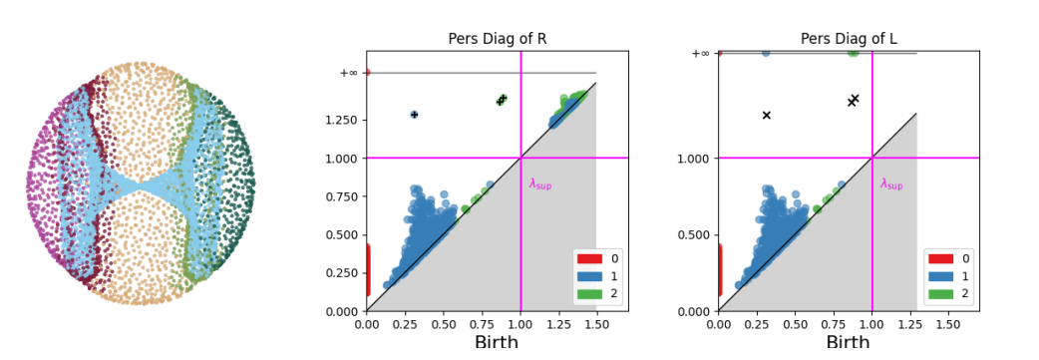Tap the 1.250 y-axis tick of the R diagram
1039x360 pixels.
341,120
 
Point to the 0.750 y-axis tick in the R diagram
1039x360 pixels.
341,196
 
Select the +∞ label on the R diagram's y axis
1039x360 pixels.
348,73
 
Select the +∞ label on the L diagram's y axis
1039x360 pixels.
700,54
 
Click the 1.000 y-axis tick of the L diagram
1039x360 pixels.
693,158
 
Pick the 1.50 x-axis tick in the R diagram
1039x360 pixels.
596,324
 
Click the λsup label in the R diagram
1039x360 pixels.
539,184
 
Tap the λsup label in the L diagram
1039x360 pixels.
891,184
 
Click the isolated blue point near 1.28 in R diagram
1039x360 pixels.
414,115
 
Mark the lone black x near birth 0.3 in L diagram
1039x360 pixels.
766,116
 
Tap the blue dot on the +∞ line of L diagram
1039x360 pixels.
766,53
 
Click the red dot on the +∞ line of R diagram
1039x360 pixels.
367,73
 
